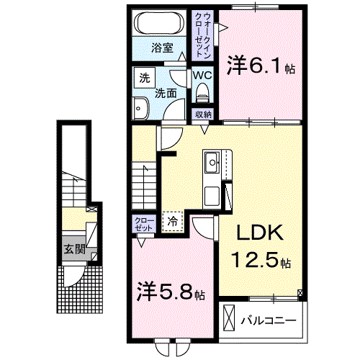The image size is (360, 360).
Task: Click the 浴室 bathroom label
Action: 162,48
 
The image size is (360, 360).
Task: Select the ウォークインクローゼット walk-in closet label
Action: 202,36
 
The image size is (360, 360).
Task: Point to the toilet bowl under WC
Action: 202,91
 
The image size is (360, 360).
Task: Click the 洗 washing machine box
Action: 143,77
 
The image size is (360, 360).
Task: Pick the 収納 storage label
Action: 202,114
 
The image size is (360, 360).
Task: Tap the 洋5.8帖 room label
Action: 171,294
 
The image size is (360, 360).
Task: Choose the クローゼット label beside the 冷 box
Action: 143,223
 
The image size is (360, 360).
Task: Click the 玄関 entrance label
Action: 71,250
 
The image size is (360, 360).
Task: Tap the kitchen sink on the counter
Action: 213,162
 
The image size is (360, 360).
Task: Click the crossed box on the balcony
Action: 229,317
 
